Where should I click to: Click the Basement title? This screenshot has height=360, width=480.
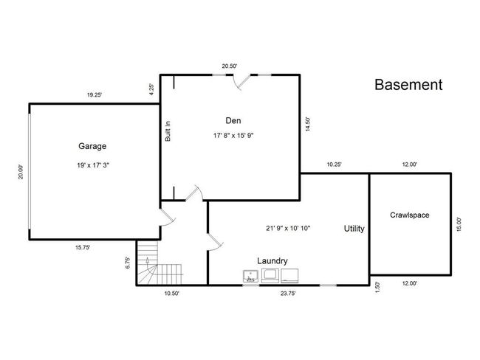pos(408,85)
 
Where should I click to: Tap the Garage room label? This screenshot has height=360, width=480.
pos(92,146)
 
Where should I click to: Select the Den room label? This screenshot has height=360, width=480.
pos(233,120)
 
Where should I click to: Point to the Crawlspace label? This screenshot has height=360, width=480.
pos(409,215)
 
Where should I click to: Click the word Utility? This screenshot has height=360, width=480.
pos(354,229)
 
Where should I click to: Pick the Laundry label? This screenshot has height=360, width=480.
pos(272,261)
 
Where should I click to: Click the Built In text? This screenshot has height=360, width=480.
pos(168,131)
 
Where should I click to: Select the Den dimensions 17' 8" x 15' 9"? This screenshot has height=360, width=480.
pos(233,135)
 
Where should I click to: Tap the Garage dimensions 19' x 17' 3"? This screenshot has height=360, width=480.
pos(93,165)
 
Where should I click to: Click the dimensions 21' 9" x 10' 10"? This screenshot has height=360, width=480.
pos(288,228)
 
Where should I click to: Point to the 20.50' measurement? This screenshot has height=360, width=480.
pos(230,66)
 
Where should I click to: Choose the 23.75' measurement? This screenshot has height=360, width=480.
pos(288,294)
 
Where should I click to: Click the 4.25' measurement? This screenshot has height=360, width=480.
pos(151,89)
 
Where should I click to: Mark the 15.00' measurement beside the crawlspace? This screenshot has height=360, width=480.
pos(459,224)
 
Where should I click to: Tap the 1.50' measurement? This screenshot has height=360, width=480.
pos(377,287)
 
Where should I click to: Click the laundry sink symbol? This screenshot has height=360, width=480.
pos(251,276)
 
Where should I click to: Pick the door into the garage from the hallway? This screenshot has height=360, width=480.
pos(168,218)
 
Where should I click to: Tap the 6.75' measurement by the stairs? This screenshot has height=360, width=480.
pos(128,263)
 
